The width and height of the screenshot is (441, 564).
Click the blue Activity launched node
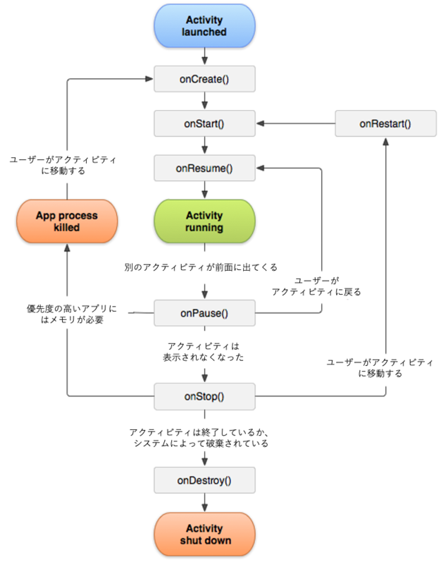[x=204, y=26]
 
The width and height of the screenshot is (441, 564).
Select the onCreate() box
[x=204, y=79]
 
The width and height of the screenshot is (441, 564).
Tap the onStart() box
[x=204, y=123]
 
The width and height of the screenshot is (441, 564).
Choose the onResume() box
[x=204, y=168]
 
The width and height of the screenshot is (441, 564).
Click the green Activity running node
[x=204, y=221]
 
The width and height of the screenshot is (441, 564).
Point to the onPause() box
[x=204, y=313]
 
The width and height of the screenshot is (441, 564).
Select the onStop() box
[x=204, y=396]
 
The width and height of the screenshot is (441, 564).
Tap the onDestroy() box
[x=204, y=480]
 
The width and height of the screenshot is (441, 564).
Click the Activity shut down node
[x=204, y=534]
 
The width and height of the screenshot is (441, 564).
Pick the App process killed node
[x=67, y=221]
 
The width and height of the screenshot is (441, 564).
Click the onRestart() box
[x=385, y=123]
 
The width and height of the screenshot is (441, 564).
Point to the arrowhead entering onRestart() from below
[x=385, y=142]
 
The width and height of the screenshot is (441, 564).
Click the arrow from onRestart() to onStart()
[x=296, y=123]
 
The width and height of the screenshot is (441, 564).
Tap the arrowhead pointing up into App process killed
[x=67, y=247]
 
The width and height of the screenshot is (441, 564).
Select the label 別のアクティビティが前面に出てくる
[x=201, y=267]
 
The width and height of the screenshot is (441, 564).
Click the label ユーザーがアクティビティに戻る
[x=316, y=286]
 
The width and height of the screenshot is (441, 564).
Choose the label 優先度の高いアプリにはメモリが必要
[x=72, y=314]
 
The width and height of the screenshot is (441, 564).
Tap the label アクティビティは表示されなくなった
[x=204, y=351]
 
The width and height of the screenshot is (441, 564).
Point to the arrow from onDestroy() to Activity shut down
[x=204, y=503]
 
